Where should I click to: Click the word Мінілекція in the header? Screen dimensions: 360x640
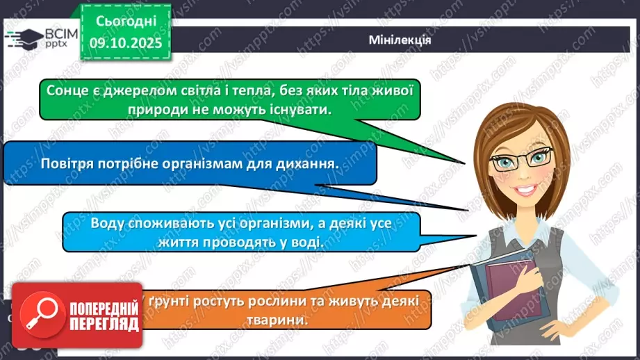[x=400, y=40]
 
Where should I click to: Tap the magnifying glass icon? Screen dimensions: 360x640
[x=39, y=313]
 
